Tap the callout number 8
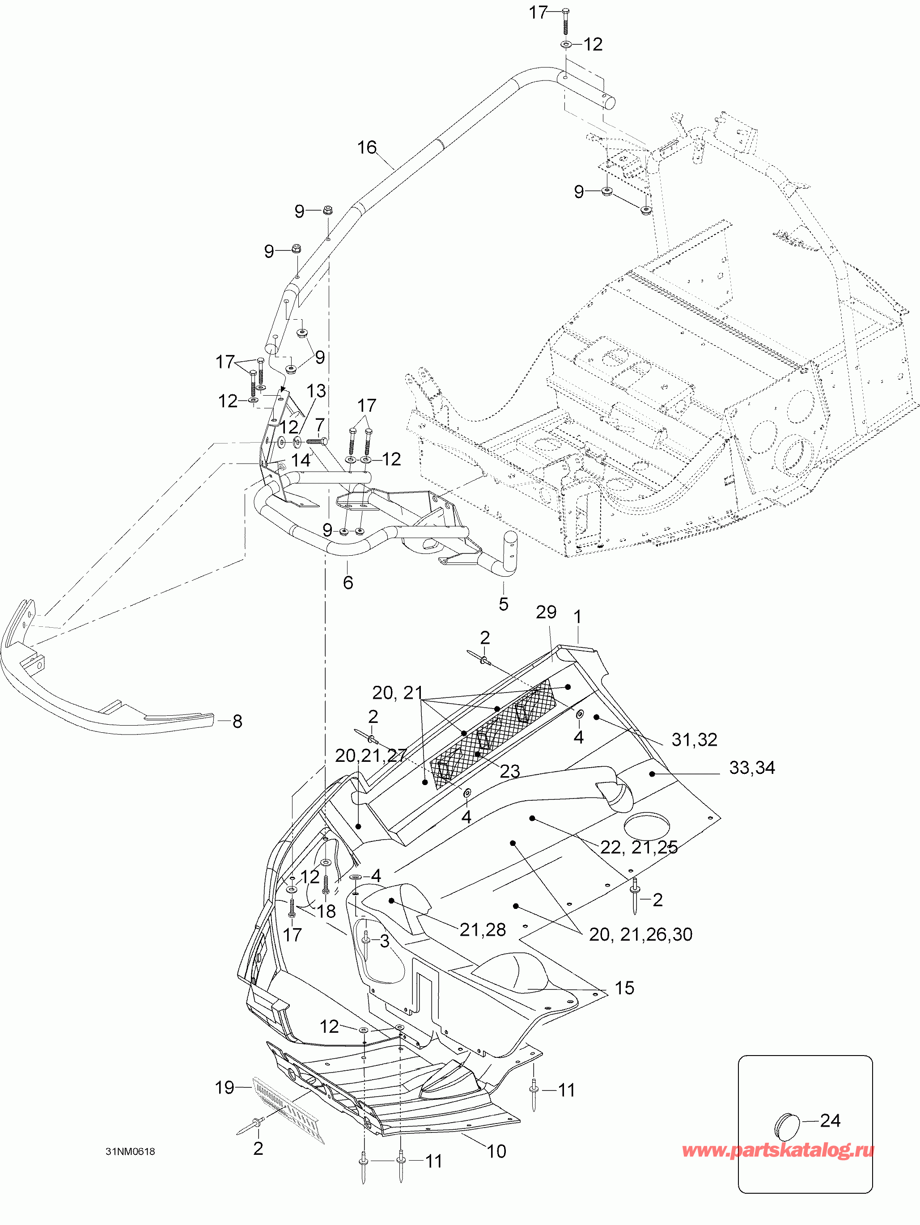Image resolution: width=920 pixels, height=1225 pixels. pos(237,721)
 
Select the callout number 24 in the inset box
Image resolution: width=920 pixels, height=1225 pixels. pos(830,1120)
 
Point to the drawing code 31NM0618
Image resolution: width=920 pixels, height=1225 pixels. pos(130,1151)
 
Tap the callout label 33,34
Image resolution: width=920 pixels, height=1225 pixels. pos(752,768)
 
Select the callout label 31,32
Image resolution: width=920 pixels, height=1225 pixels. pos(694,739)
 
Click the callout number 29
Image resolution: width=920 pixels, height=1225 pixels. pos(546,612)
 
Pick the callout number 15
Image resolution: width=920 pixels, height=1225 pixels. pos(624,988)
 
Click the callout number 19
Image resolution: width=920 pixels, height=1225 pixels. pos(225,1088)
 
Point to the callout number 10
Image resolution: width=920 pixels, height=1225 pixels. pos(496,1151)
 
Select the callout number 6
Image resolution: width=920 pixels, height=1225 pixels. pos(348,582)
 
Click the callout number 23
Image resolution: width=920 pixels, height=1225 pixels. pos(509,772)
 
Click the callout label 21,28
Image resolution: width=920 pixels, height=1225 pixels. pos(483,930)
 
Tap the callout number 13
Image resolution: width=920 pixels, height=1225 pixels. pos(316,391)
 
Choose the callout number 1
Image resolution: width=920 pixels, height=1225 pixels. pos(578,617)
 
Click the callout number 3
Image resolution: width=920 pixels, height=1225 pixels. pos(384,941)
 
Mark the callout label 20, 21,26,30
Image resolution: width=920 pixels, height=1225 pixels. pos(640,934)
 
